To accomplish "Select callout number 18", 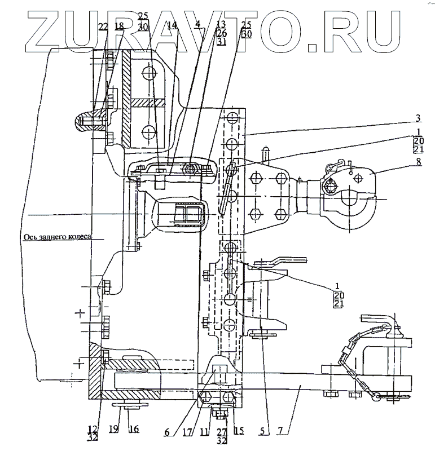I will point(119,27).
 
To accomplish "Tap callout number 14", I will point(172,26).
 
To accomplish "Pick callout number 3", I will point(418,118).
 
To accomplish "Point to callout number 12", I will point(93,428).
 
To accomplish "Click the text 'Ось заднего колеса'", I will point(56,238).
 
